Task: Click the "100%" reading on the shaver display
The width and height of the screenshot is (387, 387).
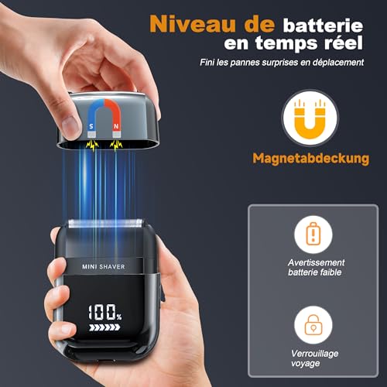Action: pyautogui.click(x=104, y=313)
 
